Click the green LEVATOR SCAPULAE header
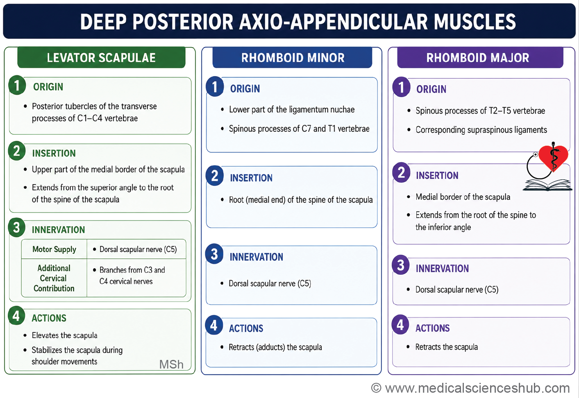pyautogui.click(x=101, y=57)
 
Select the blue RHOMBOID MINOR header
pyautogui.click(x=292, y=57)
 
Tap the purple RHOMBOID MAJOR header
pyautogui.click(x=480, y=57)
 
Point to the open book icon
pyautogui.click(x=547, y=185)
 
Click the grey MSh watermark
pyautogui.click(x=171, y=364)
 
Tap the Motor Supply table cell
pyautogui.click(x=54, y=249)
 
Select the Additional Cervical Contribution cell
pyautogui.click(x=54, y=278)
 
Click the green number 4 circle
pyautogui.click(x=16, y=316)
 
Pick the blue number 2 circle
pyautogui.click(x=215, y=176)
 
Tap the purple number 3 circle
pyautogui.click(x=401, y=265)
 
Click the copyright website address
pyautogui.click(x=470, y=388)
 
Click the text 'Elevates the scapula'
pyautogui.click(x=65, y=335)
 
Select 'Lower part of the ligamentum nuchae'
pyautogui.click(x=292, y=109)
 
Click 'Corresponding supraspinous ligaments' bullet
pyautogui.click(x=481, y=130)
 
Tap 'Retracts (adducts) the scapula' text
pyautogui.click(x=275, y=347)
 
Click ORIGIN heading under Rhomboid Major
pyautogui.click(x=431, y=89)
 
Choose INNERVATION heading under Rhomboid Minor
pyautogui.click(x=257, y=257)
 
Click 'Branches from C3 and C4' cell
pyautogui.click(x=132, y=276)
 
